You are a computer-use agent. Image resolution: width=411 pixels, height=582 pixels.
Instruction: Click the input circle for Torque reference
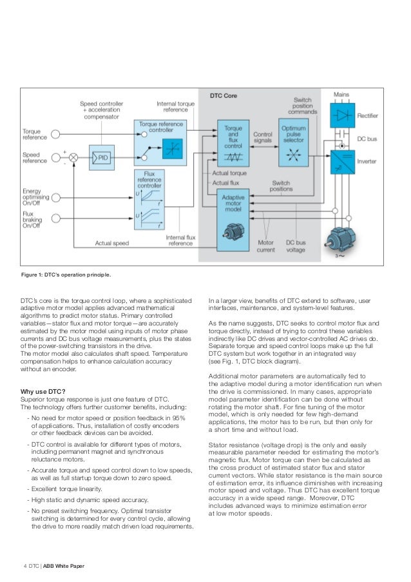(56, 134)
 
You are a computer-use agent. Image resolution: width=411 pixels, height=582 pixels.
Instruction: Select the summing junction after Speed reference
(73, 157)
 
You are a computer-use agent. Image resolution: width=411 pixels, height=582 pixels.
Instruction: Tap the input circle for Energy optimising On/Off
(56, 197)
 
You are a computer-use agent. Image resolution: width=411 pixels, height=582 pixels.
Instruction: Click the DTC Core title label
(224, 96)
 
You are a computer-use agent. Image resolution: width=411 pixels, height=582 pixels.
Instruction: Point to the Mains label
(341, 95)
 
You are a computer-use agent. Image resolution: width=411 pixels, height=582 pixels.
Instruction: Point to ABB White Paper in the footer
(64, 567)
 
